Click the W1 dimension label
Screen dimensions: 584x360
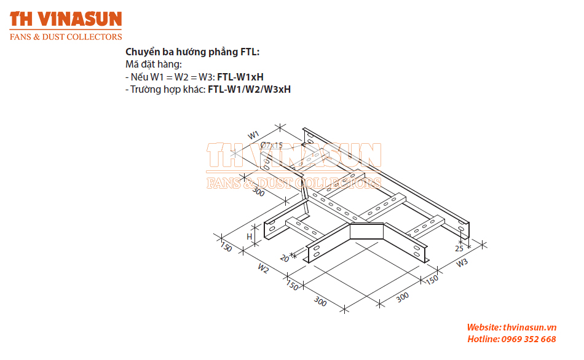point(253,135)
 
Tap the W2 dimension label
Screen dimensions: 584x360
point(263,268)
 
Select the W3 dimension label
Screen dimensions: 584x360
point(462,263)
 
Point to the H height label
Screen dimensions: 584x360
point(250,237)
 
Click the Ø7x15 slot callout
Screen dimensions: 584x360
point(272,145)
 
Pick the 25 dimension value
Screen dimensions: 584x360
point(459,248)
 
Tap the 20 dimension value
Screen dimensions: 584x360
point(284,258)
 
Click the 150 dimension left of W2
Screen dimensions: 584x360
point(226,247)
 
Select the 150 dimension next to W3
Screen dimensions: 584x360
point(432,279)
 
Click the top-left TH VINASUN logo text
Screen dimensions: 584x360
point(66,19)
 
